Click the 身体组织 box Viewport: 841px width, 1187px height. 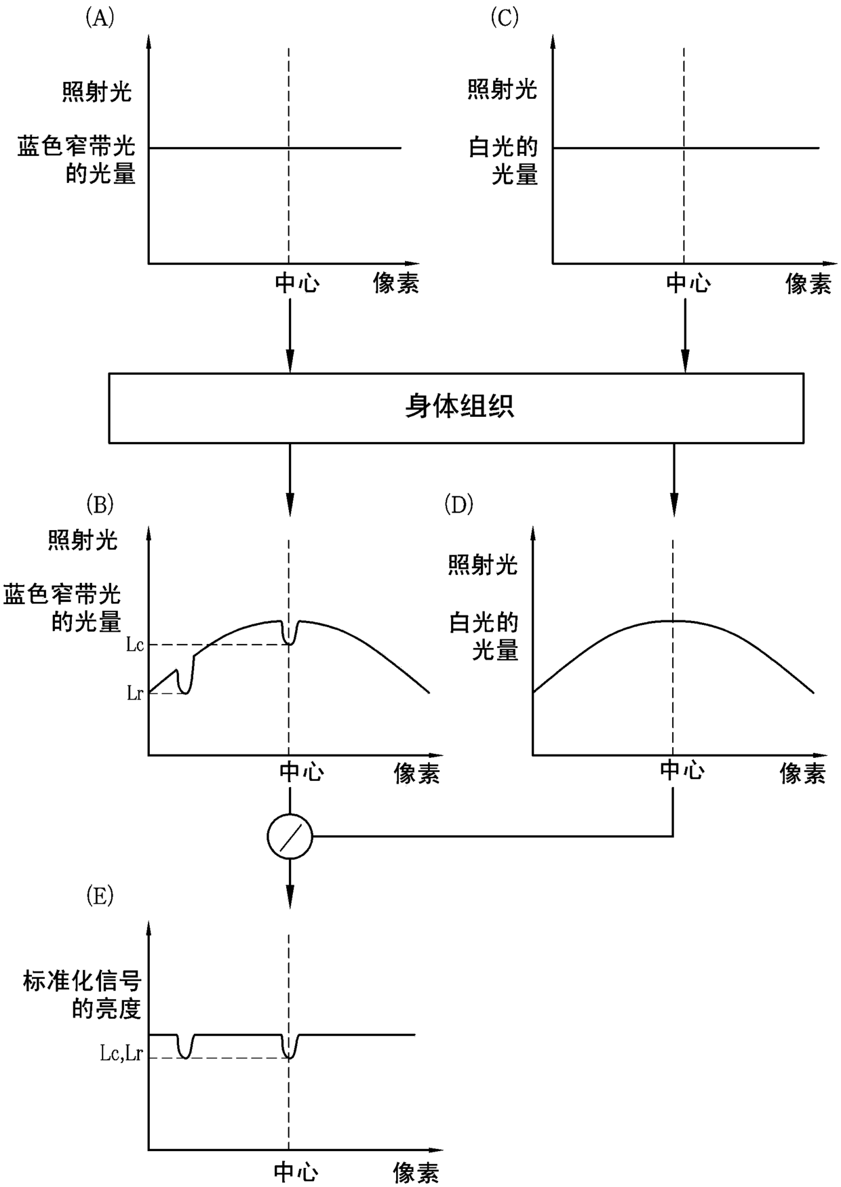click(456, 407)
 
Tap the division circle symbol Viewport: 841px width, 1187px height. click(290, 837)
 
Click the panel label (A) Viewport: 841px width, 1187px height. click(99, 18)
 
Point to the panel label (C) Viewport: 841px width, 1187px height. click(504, 18)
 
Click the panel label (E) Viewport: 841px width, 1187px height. click(99, 896)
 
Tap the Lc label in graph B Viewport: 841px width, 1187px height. click(135, 644)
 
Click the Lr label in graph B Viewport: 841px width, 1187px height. click(135, 693)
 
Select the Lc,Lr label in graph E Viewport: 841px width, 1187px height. click(121, 1054)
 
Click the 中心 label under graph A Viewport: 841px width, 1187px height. click(296, 283)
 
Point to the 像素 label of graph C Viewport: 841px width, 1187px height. click(808, 283)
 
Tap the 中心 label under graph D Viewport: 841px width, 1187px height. click(682, 770)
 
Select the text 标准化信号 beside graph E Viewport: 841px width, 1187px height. click(81, 981)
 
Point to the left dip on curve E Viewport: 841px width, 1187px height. click(184, 1053)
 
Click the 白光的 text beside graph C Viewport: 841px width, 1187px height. click(503, 147)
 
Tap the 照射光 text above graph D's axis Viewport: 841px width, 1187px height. click(482, 565)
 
